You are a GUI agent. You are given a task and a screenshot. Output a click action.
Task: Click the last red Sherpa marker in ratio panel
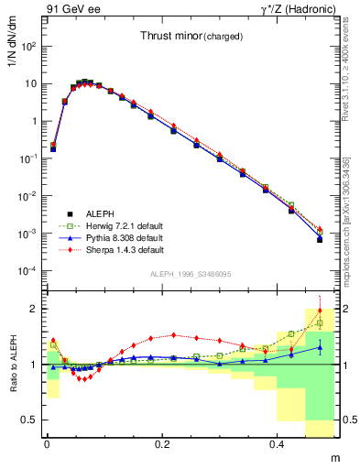(320, 311)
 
